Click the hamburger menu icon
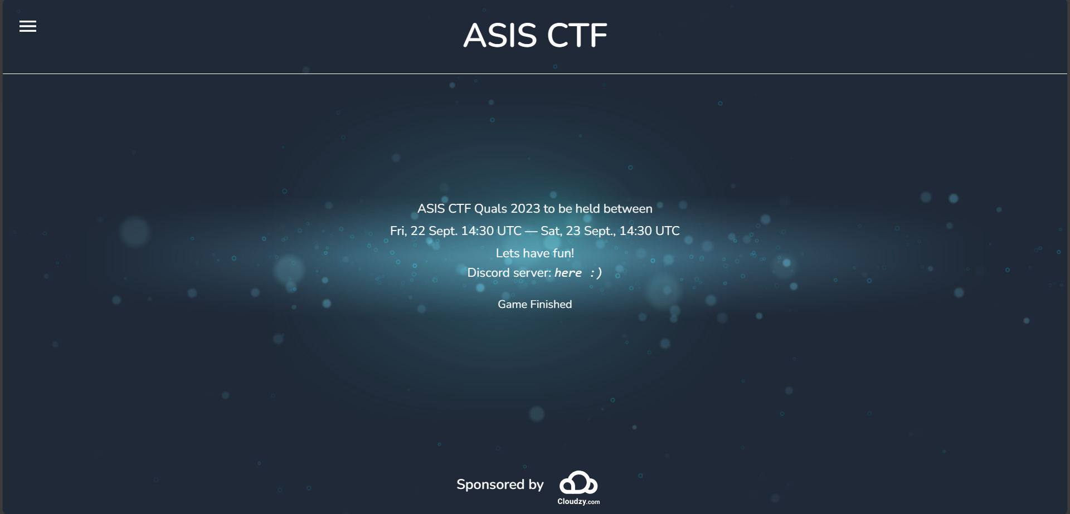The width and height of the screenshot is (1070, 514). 28,26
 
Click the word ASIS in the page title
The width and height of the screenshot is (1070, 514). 500,36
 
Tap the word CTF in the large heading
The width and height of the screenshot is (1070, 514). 577,36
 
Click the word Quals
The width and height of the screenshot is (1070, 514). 490,209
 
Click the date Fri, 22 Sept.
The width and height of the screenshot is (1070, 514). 424,231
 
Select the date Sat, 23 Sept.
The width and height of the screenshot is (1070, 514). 578,231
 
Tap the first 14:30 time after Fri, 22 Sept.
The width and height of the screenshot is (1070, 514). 477,231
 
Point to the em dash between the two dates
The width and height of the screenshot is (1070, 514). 531,231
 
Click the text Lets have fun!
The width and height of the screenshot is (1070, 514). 535,253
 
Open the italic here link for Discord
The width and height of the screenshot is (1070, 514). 568,273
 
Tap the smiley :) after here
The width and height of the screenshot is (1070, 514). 596,273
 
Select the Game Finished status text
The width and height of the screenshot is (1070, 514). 535,305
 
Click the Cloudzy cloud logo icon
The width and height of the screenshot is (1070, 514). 578,483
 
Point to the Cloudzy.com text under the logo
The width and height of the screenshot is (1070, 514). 578,502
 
